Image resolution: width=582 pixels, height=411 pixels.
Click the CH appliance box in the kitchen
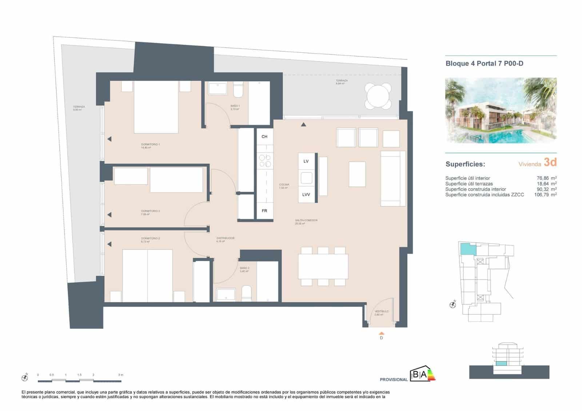pyautogui.click(x=264, y=136)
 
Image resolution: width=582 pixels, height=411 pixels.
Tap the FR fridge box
pyautogui.click(x=264, y=211)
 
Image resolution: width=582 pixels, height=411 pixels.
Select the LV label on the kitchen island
pyautogui.click(x=306, y=161)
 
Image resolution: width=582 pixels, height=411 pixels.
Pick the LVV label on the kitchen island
pyautogui.click(x=306, y=195)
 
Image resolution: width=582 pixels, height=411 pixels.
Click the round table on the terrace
pyautogui.click(x=378, y=96)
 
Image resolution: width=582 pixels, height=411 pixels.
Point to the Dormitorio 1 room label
pyautogui.click(x=150, y=144)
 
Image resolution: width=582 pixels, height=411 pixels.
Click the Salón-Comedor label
pyautogui.click(x=306, y=220)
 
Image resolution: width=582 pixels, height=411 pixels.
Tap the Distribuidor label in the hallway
pyautogui.click(x=225, y=238)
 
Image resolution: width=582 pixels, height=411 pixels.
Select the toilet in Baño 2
pyautogui.click(x=247, y=293)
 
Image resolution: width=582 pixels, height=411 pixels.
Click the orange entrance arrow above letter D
pyautogui.click(x=381, y=333)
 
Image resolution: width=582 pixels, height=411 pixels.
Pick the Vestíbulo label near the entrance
pyautogui.click(x=382, y=311)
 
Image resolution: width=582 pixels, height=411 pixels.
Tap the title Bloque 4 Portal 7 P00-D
pyautogui.click(x=484, y=64)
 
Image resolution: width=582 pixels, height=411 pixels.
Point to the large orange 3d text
pyautogui.click(x=550, y=162)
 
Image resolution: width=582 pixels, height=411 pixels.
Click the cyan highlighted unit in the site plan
pyautogui.click(x=468, y=249)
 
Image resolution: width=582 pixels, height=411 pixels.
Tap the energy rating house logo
pyautogui.click(x=422, y=375)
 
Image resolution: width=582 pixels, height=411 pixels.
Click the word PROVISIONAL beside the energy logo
pyautogui.click(x=394, y=380)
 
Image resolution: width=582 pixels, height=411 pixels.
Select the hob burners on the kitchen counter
pyautogui.click(x=264, y=161)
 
